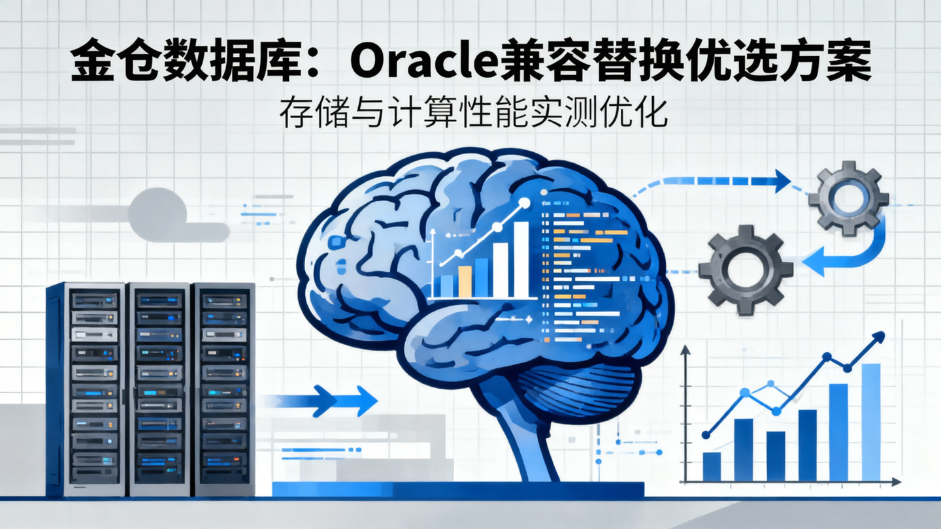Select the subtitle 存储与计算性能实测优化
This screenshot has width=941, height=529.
(x=474, y=115)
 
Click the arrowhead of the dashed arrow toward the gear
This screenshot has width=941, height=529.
(x=781, y=181)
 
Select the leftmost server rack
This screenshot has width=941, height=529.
(x=85, y=389)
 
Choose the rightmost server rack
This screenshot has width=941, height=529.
(x=224, y=389)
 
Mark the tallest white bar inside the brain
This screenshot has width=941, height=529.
(x=521, y=259)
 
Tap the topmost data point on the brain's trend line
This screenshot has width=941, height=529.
(x=523, y=203)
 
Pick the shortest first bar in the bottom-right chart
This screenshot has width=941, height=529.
(x=711, y=466)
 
